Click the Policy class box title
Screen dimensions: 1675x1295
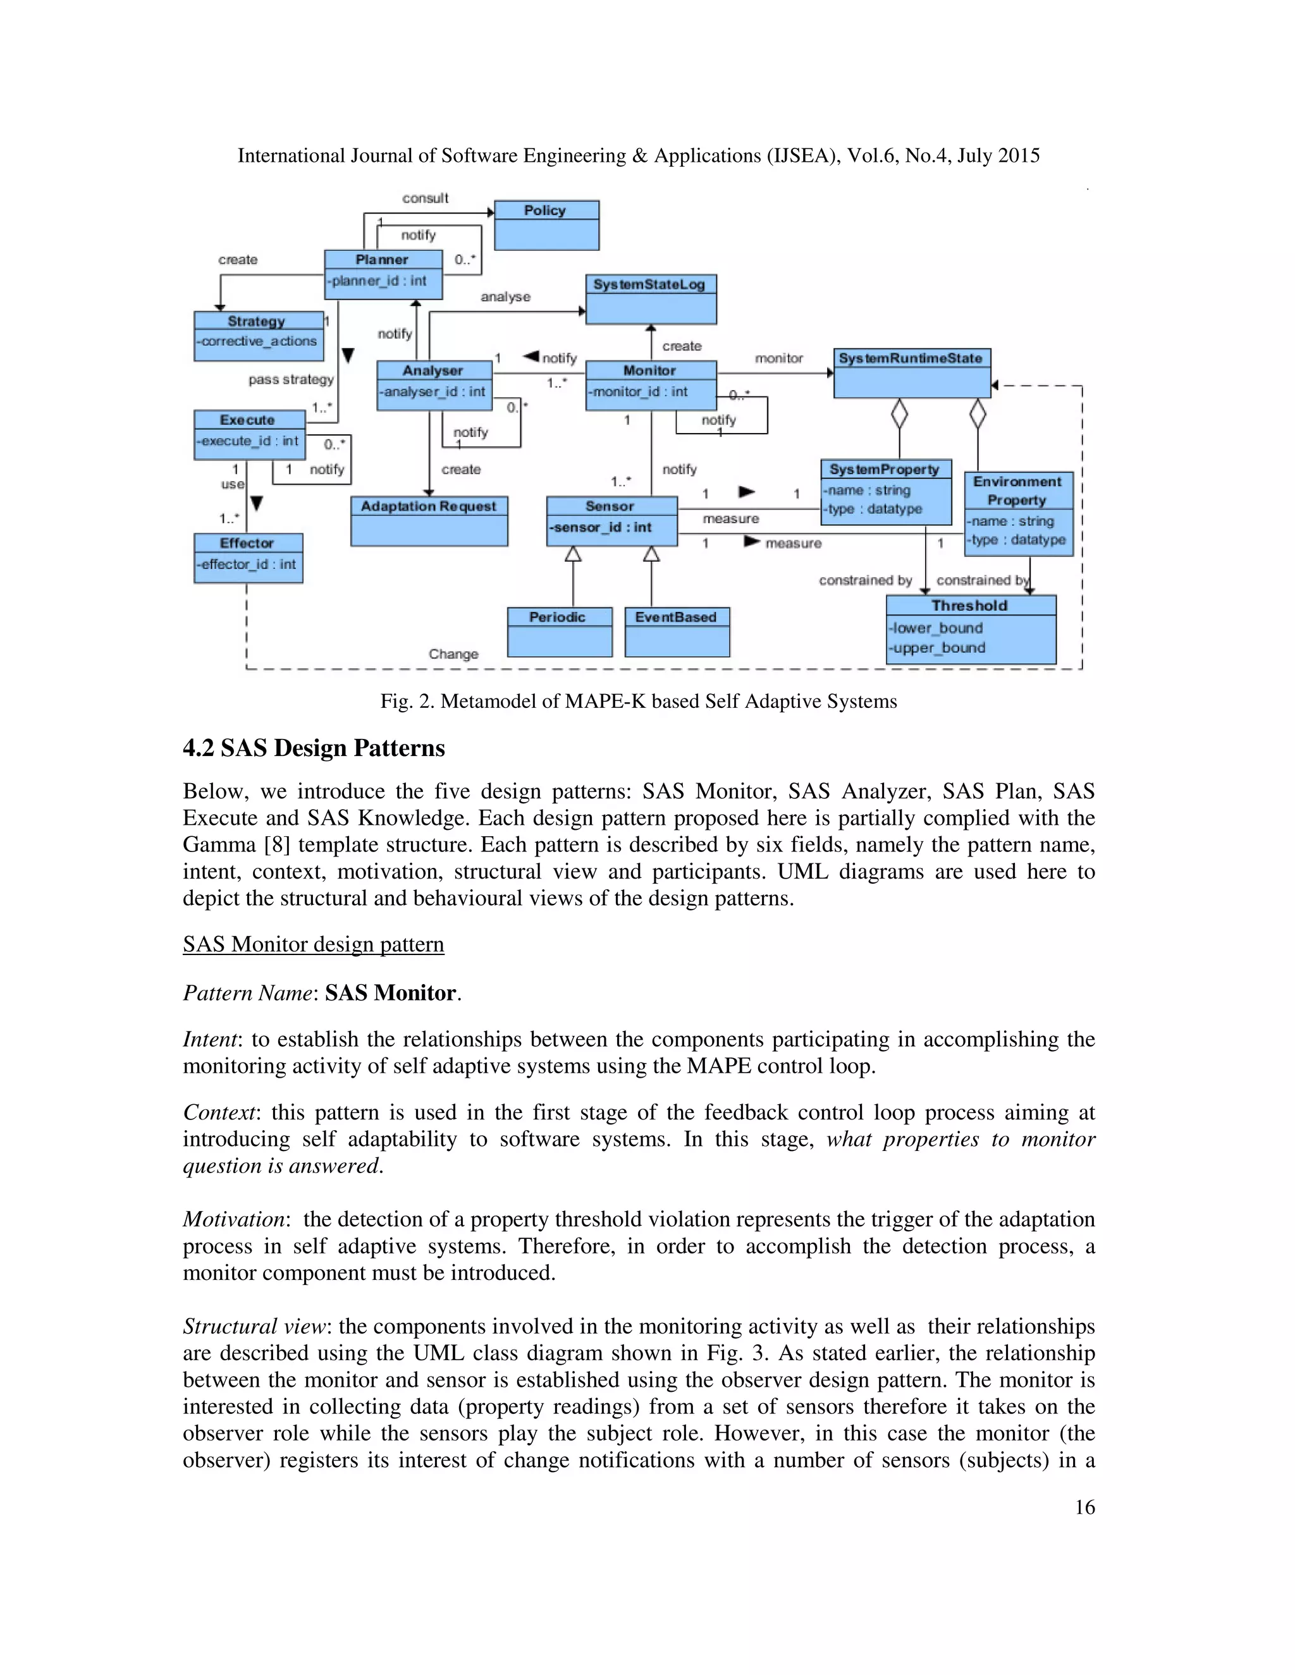[x=544, y=210]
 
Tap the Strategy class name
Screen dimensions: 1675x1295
[x=256, y=320]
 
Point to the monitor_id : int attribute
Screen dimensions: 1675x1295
[x=638, y=392]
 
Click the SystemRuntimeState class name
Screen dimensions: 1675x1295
[x=910, y=358]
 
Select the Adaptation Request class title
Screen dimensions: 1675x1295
[x=428, y=506]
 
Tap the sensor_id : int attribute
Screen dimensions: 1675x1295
[x=601, y=528]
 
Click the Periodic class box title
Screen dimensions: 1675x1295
[x=557, y=618]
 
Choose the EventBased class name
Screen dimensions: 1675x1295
[x=675, y=618]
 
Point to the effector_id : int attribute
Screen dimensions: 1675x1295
[x=246, y=564]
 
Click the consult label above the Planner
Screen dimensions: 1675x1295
[x=425, y=198]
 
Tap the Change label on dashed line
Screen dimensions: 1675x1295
[x=453, y=654]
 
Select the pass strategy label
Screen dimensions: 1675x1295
[x=291, y=380]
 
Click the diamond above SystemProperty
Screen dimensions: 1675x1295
[x=899, y=415]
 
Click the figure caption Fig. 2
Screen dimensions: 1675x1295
[x=638, y=701]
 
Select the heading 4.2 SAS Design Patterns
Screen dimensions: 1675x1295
[x=314, y=748]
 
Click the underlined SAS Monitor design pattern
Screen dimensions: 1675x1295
[x=313, y=944]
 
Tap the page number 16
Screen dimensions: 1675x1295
[x=1084, y=1507]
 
